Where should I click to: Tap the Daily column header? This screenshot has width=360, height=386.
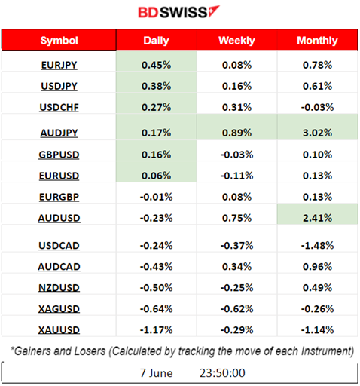[156, 40]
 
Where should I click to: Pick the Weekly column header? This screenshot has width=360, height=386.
[236, 40]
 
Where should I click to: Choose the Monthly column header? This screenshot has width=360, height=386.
[317, 40]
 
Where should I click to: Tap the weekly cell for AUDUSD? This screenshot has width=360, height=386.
[236, 219]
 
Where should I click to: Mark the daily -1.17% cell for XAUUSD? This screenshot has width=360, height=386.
[156, 329]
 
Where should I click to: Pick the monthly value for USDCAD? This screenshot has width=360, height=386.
[317, 247]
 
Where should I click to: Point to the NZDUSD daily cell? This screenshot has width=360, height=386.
[156, 288]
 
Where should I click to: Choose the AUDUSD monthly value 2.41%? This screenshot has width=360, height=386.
[317, 219]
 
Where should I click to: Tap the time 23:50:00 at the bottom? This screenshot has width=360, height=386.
[221, 372]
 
